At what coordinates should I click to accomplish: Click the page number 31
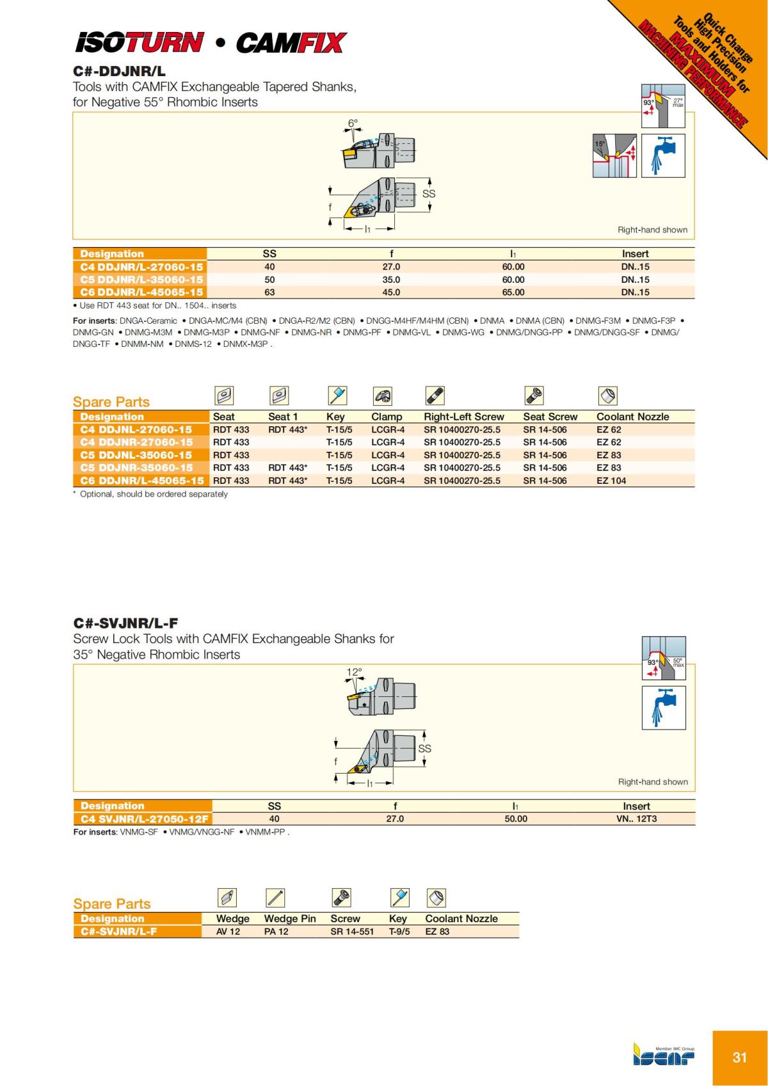(739, 1057)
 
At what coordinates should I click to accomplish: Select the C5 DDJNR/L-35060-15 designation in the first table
(141, 280)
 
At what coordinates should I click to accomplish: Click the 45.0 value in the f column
(391, 292)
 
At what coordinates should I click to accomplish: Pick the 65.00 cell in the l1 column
(513, 292)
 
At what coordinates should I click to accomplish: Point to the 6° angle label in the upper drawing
(353, 122)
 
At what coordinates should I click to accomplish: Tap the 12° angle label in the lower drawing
(354, 672)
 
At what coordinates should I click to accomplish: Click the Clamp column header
(387, 417)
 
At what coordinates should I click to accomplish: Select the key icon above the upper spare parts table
(337, 396)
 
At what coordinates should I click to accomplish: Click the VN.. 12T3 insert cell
(636, 819)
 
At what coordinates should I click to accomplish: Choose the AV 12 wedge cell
(228, 932)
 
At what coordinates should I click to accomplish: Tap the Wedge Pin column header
(290, 919)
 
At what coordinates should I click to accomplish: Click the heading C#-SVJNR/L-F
(125, 623)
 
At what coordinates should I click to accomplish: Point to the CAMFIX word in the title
(291, 44)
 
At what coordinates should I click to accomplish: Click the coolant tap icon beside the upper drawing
(663, 156)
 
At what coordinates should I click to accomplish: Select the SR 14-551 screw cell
(352, 932)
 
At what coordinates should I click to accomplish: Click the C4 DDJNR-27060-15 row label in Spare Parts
(136, 442)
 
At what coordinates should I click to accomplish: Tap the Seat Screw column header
(550, 417)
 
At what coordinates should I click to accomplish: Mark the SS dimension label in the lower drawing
(424, 748)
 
